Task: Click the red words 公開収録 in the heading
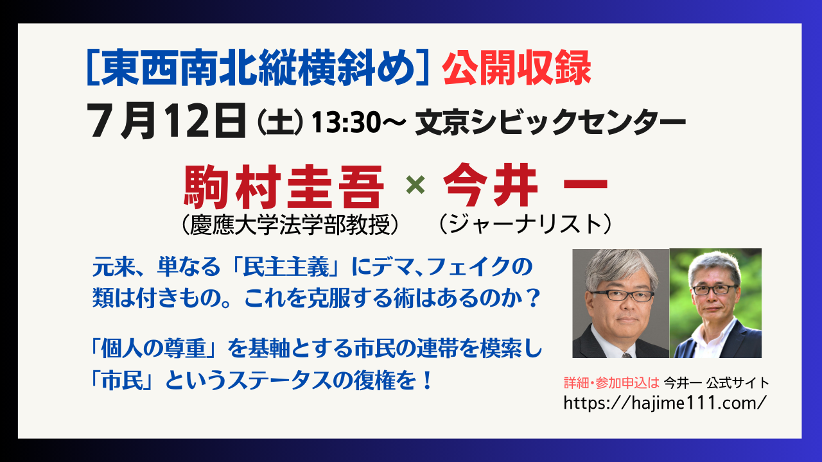tap(517, 69)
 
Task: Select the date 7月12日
tap(166, 121)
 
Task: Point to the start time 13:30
tap(346, 123)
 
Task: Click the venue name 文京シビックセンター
tap(550, 122)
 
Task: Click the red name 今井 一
tap(525, 185)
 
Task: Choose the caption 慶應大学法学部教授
tap(290, 225)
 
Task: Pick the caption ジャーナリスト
tap(525, 224)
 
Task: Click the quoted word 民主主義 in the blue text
tap(286, 266)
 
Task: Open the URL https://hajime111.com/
tap(665, 403)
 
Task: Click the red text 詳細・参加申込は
tap(611, 383)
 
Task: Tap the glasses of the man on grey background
tap(622, 295)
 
